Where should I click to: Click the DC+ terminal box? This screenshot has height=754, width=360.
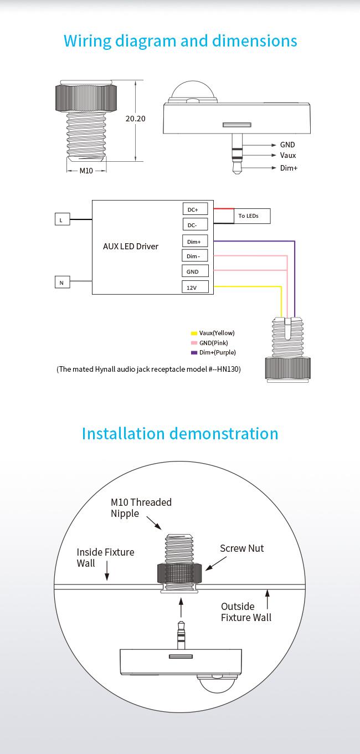[195, 209]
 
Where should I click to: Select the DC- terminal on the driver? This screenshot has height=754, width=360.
[195, 224]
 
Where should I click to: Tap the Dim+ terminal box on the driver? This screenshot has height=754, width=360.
[194, 241]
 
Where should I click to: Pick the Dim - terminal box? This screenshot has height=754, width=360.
[194, 256]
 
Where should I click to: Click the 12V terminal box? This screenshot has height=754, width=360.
[195, 287]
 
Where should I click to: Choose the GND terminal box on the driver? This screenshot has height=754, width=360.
[195, 271]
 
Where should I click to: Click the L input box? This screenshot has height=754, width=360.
[62, 219]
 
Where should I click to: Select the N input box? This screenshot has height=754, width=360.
[62, 282]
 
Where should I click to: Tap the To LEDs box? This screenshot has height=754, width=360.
[252, 216]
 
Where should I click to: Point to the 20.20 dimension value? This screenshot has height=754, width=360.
[135, 119]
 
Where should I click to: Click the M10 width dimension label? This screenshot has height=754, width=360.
[86, 171]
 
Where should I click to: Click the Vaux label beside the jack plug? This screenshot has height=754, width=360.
[288, 155]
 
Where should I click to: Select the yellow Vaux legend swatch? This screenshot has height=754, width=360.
[194, 334]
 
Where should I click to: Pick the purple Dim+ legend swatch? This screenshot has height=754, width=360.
[194, 353]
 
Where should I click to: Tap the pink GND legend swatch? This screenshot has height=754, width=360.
[194, 343]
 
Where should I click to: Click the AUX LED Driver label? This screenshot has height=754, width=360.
[131, 247]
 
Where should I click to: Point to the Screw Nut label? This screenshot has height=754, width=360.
[242, 548]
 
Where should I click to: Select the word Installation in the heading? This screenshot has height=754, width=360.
[123, 434]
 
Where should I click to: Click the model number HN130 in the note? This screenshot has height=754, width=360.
[228, 370]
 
